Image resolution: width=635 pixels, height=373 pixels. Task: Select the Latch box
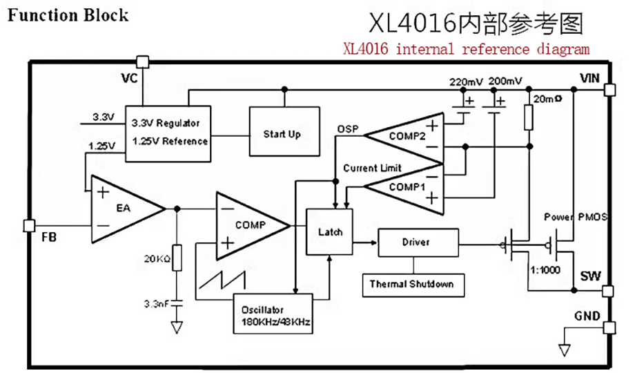pyautogui.click(x=329, y=231)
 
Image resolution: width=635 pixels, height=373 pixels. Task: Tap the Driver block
pyautogui.click(x=416, y=242)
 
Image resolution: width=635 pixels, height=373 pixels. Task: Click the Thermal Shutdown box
pyautogui.click(x=411, y=284)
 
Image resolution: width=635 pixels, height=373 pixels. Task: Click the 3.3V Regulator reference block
pyautogui.click(x=168, y=132)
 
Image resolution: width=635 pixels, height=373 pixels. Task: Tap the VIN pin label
pyautogui.click(x=590, y=77)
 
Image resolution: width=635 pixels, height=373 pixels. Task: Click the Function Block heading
pyautogui.click(x=68, y=15)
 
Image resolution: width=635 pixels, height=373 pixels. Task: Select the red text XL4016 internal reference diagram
pyautogui.click(x=467, y=49)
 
